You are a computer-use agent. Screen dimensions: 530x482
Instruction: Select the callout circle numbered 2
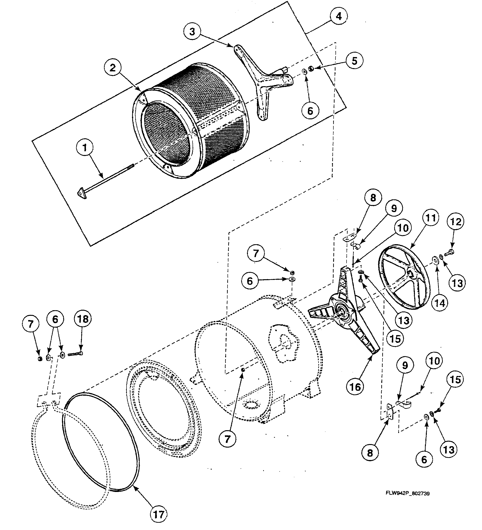click(112, 68)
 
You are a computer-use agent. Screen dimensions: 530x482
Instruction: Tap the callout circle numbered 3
click(192, 31)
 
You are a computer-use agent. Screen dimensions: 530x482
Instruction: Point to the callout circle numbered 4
click(339, 16)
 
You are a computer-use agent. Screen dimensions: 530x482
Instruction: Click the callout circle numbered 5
click(355, 61)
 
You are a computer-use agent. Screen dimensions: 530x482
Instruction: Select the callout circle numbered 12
click(456, 222)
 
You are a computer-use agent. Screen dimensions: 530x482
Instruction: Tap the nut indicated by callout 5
click(311, 68)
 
